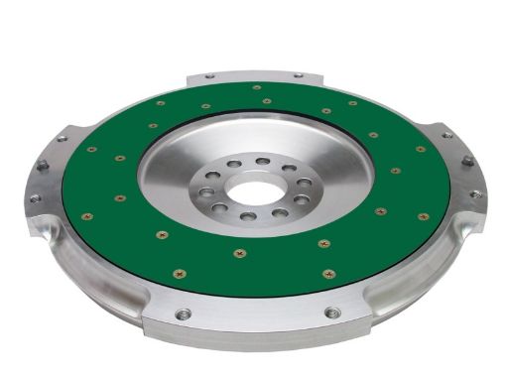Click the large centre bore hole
tap(256, 187)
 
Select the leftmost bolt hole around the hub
tap(208, 185)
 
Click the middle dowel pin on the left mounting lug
tap(44, 167)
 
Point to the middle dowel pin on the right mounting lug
tap(466, 162)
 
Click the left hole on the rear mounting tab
tap(210, 75)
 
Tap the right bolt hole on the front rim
tap(332, 314)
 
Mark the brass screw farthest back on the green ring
tap(256, 88)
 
